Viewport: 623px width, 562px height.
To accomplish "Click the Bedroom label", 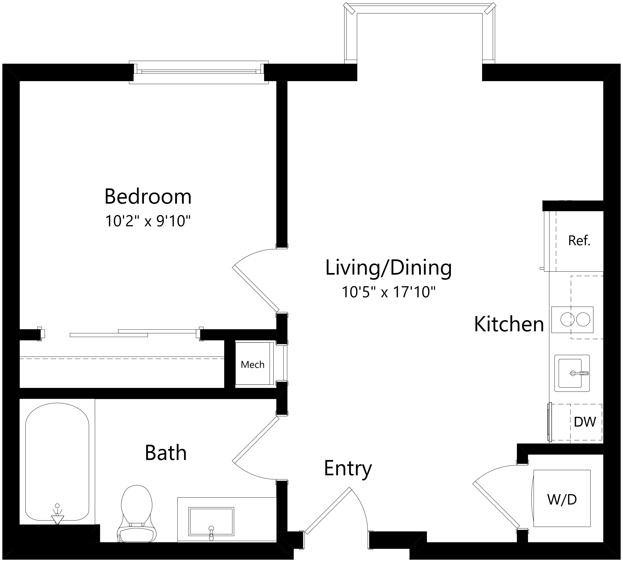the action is pos(148,196).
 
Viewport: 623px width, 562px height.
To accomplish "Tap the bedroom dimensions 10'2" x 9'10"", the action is pos(148,221).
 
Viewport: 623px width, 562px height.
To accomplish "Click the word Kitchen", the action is pos(509,324).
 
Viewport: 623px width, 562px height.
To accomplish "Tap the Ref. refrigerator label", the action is pos(579,241).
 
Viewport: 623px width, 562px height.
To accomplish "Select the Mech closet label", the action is pos(253,365).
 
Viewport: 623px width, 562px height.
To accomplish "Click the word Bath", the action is pos(166,453).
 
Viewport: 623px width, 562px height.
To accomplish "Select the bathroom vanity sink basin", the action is pos(211,521).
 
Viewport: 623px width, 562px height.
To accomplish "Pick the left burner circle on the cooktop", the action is pos(567,319).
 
